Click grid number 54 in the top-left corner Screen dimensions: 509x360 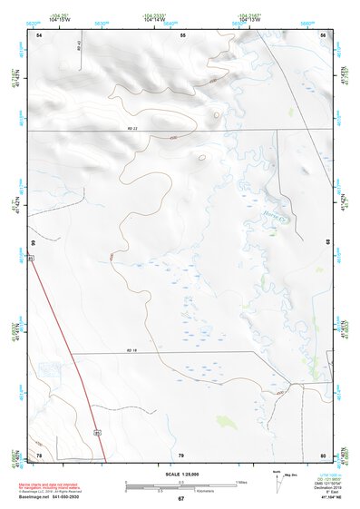(39, 34)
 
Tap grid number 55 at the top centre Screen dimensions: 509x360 (182, 34)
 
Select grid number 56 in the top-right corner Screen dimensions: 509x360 (323, 34)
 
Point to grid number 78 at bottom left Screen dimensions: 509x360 (39, 455)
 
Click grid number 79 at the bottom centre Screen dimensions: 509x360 (180, 455)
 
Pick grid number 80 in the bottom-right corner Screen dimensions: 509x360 (323, 455)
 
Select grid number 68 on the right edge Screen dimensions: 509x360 (328, 243)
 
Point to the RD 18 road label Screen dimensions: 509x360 (131, 350)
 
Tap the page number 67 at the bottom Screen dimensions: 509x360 (180, 499)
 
